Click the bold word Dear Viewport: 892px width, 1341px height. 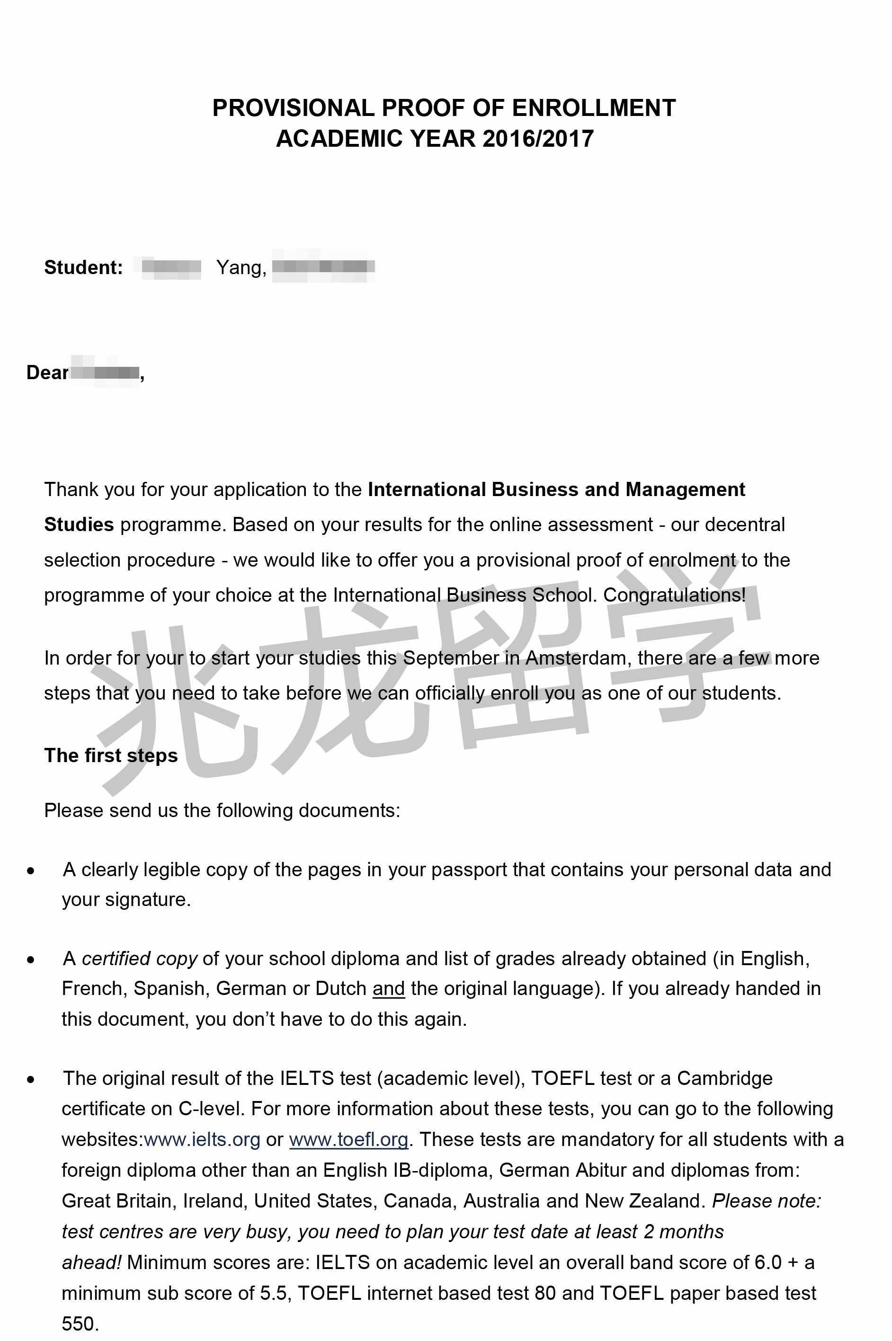47,373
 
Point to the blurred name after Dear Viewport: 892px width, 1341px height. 106,373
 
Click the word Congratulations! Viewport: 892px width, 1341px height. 674,595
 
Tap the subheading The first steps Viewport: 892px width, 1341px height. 111,755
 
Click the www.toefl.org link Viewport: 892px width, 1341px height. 349,1139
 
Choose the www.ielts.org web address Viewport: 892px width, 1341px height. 202,1139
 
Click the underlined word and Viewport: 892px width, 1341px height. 389,988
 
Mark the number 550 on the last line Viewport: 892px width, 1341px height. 80,1323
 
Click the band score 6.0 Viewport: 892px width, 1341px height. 768,1262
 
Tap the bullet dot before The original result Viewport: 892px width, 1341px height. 31,1079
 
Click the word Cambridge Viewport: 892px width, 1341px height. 724,1078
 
